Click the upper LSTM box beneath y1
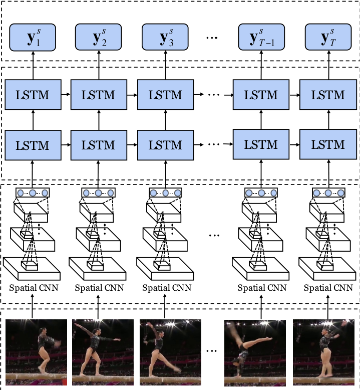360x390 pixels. (x=33, y=95)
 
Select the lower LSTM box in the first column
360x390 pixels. (x=33, y=145)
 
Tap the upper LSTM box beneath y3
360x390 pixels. (x=165, y=95)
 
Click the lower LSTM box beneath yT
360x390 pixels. (x=328, y=145)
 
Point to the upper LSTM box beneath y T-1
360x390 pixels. (x=261, y=95)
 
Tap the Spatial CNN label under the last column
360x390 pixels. (x=329, y=288)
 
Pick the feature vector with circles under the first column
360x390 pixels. (x=33, y=192)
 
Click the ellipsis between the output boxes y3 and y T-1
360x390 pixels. (x=212, y=39)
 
